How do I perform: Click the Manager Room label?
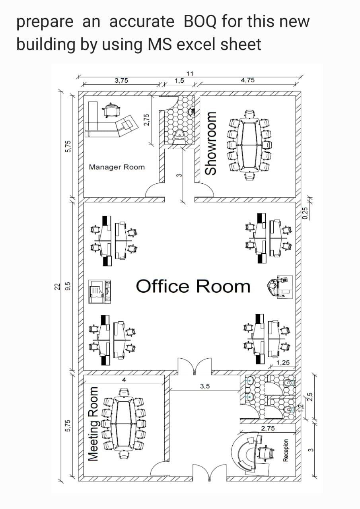(x=117, y=167)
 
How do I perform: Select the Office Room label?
(x=193, y=286)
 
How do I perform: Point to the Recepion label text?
(x=285, y=451)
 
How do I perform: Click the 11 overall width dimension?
(x=190, y=73)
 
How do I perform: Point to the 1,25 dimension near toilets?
(x=283, y=363)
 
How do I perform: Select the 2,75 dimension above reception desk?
(x=268, y=428)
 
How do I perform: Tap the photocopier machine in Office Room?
(x=99, y=291)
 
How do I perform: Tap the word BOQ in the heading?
(x=201, y=22)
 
